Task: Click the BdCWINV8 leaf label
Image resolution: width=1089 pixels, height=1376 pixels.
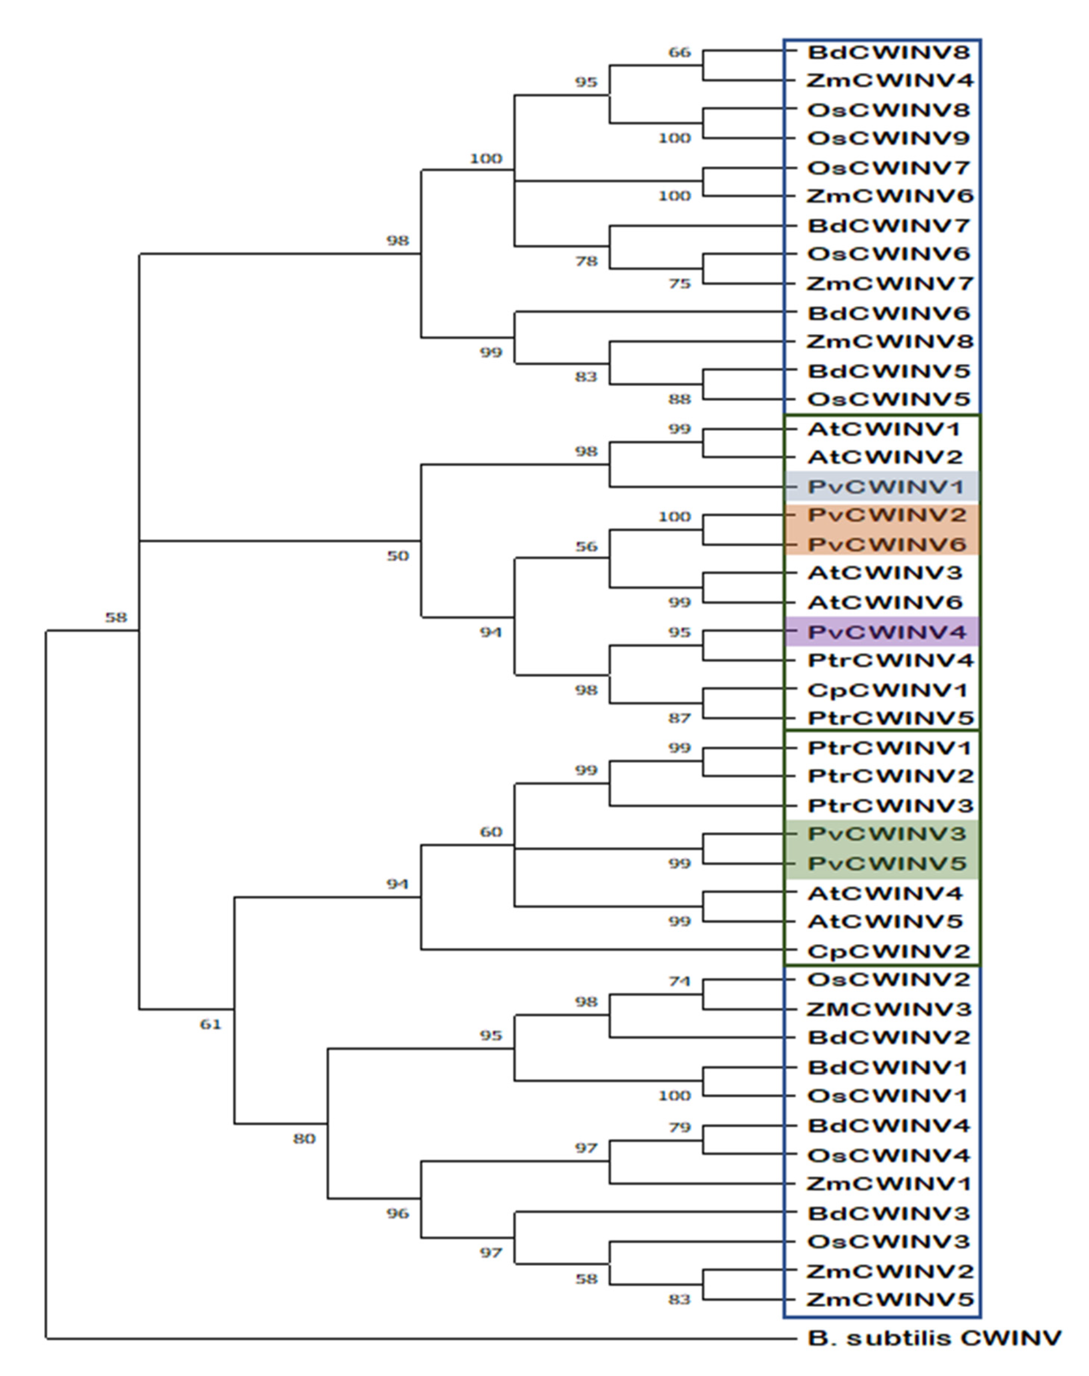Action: click(888, 52)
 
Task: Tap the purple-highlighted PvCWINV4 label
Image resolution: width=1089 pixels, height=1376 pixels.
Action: click(887, 632)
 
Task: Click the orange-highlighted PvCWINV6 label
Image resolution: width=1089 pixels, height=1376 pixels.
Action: click(887, 544)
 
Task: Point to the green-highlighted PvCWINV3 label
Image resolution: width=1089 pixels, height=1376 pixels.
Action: click(887, 834)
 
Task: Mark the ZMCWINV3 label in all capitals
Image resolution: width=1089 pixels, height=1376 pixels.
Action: click(888, 1009)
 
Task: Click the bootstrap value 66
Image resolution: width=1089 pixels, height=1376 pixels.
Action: click(680, 52)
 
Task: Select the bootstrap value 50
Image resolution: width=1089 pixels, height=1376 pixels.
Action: click(398, 556)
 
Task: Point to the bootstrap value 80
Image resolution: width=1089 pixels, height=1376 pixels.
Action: click(304, 1138)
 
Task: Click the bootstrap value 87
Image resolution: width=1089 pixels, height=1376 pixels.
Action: click(680, 718)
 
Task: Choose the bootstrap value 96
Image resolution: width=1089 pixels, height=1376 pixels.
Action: click(398, 1213)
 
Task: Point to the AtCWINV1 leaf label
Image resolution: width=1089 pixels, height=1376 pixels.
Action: click(884, 429)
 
